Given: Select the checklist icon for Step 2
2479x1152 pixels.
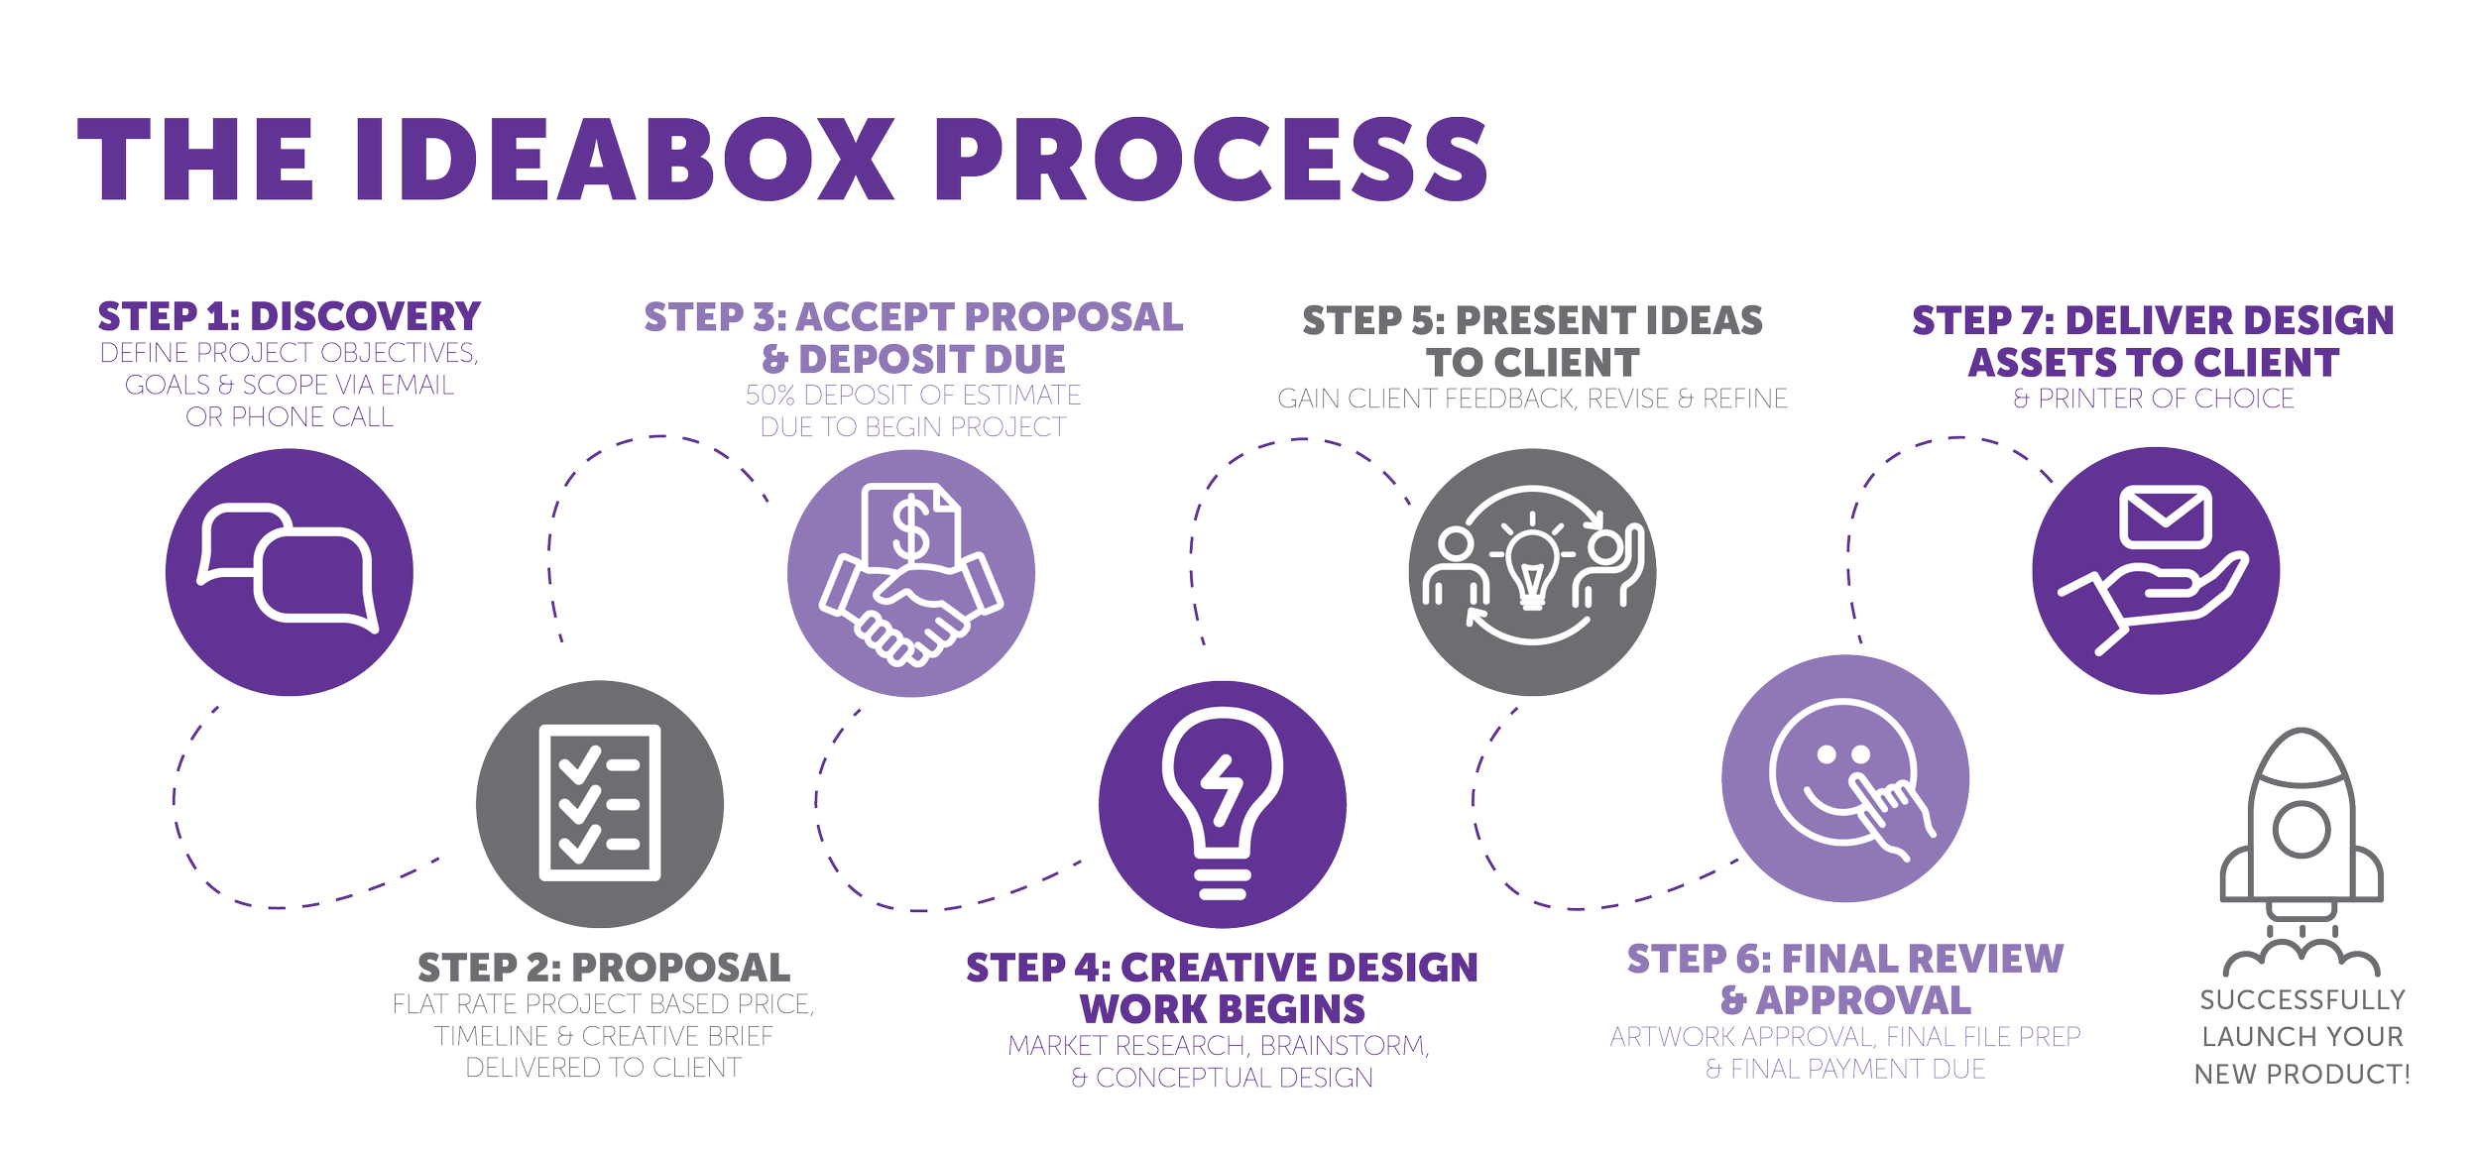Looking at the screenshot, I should point(599,803).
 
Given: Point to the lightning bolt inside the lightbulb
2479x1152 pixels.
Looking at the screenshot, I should point(1222,789).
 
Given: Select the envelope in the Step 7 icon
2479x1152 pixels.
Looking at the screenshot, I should point(2165,517).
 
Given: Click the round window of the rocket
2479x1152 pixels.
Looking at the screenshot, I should point(2301,829).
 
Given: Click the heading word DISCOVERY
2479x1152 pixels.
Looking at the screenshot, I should point(365,317).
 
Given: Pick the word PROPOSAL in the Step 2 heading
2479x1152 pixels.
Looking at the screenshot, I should point(681,968).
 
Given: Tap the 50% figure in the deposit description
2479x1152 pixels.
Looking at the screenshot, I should point(770,396).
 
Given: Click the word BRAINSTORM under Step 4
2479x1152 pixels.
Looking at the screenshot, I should point(1343,1046).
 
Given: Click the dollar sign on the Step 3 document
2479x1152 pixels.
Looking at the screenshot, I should point(910,528).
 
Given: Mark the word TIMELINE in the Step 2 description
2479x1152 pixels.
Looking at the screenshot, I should point(491,1036).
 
